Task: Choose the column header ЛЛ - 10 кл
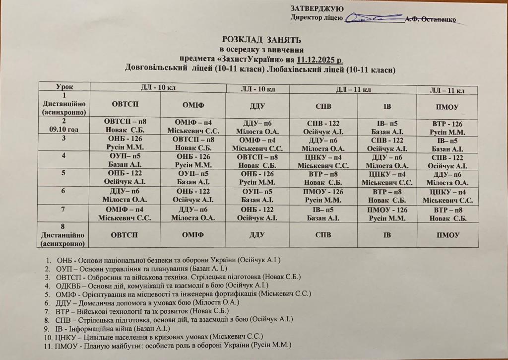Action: pos(257,89)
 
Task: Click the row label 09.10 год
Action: pos(69,130)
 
